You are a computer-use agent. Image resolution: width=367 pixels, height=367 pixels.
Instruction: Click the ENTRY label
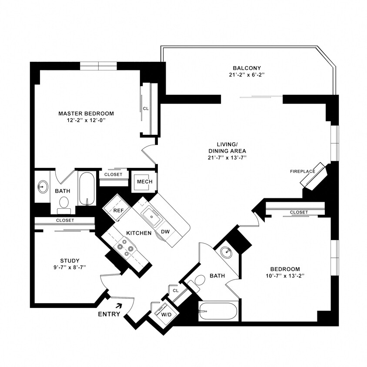tap(109, 314)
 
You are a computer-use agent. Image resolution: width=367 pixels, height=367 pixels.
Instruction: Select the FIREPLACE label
tap(303, 171)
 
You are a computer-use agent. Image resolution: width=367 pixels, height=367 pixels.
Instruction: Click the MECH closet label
tap(143, 182)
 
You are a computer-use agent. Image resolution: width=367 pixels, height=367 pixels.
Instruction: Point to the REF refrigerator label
tap(119, 210)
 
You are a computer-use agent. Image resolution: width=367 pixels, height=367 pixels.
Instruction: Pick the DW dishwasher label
tap(165, 232)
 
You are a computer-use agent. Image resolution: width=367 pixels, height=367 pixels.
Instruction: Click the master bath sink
tap(42, 187)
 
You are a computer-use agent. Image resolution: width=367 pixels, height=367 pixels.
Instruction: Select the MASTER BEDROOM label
tap(86, 113)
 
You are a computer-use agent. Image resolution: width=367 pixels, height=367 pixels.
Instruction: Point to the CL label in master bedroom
tap(146, 109)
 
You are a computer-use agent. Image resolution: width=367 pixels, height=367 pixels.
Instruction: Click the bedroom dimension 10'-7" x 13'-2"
tap(284, 276)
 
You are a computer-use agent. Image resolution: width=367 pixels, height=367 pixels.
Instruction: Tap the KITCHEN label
tap(139, 233)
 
